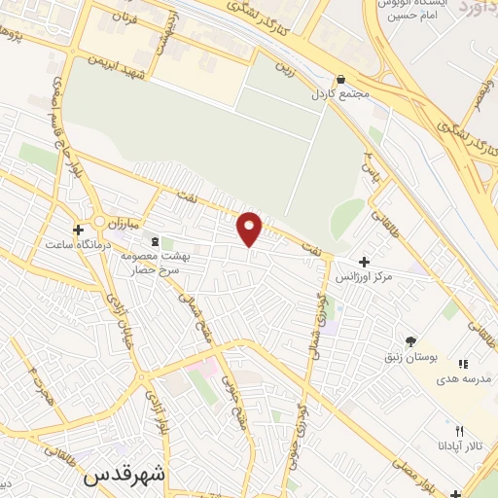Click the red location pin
(250, 229)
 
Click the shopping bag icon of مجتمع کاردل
(339, 80)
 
